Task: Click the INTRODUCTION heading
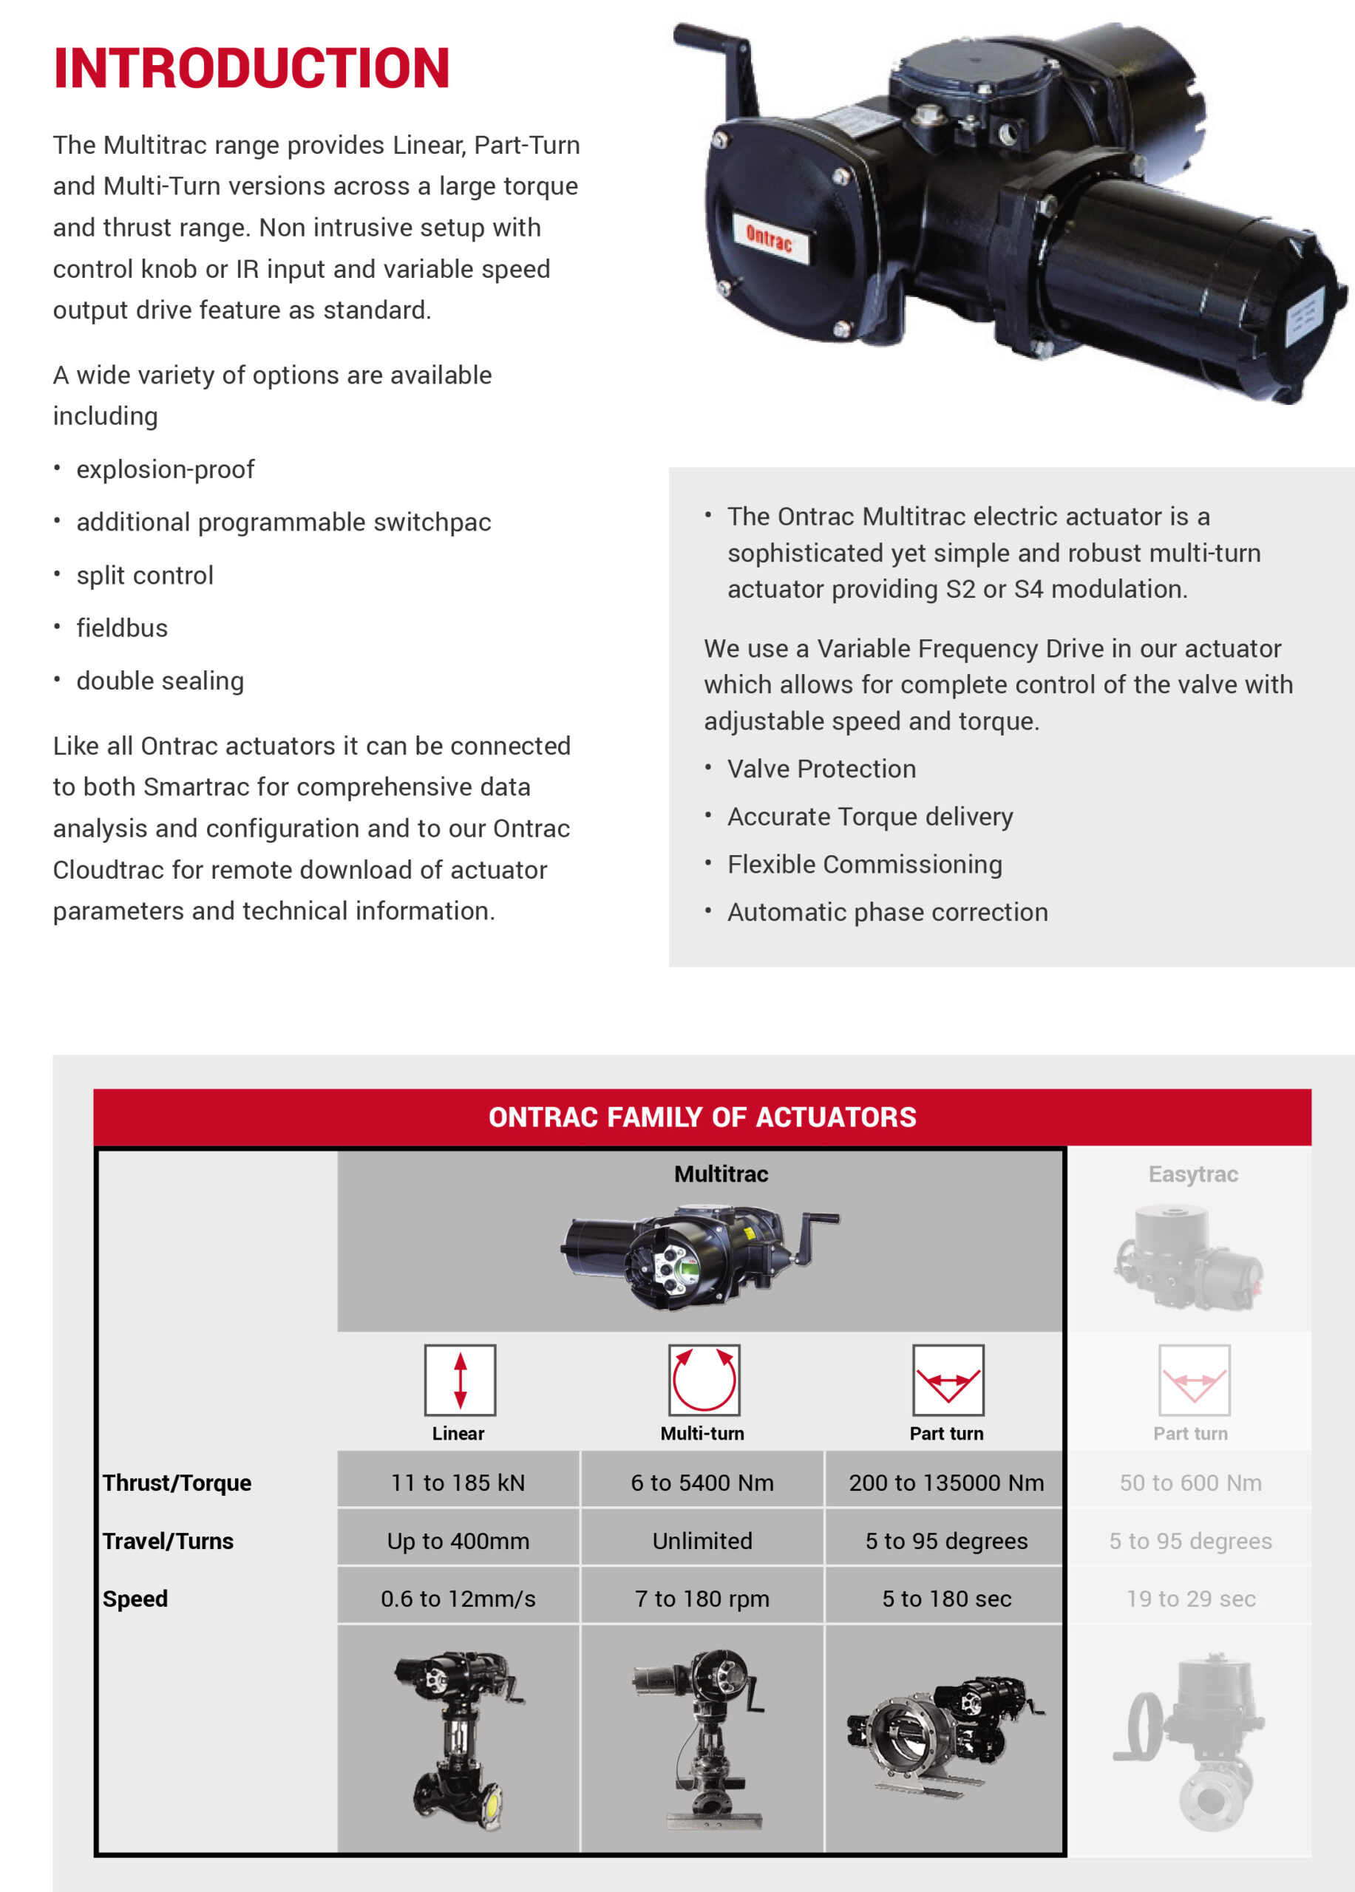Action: click(251, 69)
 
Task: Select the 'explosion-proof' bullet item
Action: click(165, 469)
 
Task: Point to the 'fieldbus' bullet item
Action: click(122, 628)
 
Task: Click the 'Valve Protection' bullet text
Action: click(821, 769)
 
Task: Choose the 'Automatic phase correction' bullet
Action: click(887, 912)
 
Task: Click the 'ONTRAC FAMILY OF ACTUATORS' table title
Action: click(702, 1117)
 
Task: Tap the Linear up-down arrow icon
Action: click(460, 1380)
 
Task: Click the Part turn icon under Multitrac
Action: click(948, 1380)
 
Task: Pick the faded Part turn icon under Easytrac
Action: click(1193, 1380)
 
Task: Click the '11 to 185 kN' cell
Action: click(458, 1483)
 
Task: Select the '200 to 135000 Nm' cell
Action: click(946, 1483)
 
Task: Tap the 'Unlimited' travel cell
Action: click(702, 1541)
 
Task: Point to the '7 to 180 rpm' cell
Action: click(702, 1599)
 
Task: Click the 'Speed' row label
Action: click(135, 1599)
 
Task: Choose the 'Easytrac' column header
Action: click(1192, 1174)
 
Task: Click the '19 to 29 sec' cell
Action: click(1191, 1599)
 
